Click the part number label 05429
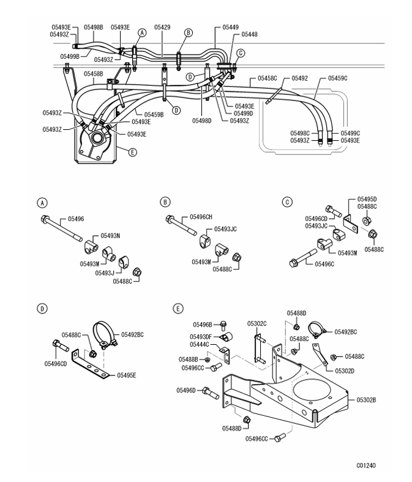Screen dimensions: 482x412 point(162,28)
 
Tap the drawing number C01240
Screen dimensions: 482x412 point(366,465)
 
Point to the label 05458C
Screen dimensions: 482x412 point(268,78)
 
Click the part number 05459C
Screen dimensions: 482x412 point(337,78)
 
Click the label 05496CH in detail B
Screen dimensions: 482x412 point(201,216)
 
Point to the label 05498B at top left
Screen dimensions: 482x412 point(93,28)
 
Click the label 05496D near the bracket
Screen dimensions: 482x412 point(187,390)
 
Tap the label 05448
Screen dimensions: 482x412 point(249,35)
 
